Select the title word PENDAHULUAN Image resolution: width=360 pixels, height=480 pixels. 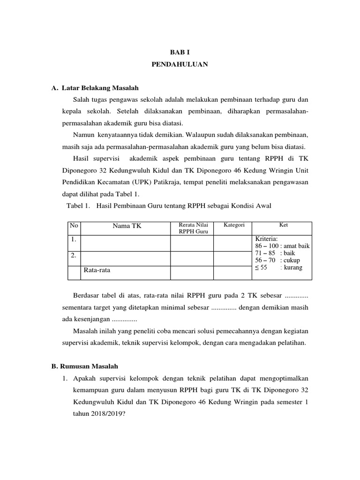click(x=180, y=65)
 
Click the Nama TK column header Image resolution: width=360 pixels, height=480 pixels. click(x=127, y=226)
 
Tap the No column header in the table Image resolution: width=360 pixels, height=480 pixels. click(x=74, y=225)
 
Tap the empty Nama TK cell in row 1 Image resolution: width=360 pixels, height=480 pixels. click(x=127, y=243)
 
